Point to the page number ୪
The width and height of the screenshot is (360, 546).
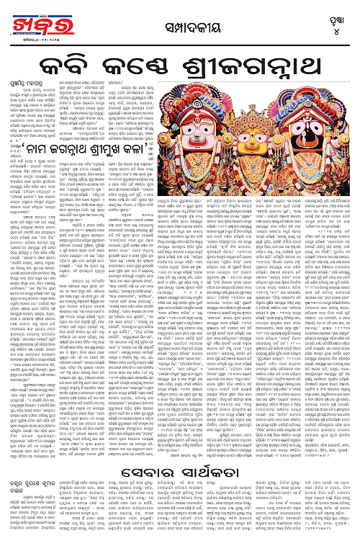[338, 28]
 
